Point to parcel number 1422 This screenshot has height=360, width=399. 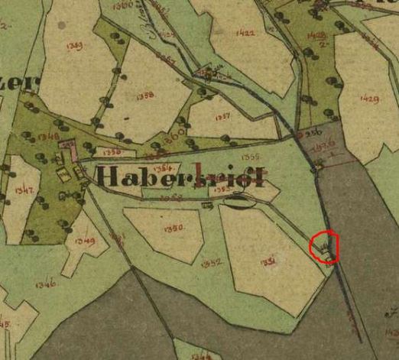pyautogui.click(x=245, y=33)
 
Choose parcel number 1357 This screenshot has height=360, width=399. pyautogui.click(x=222, y=117)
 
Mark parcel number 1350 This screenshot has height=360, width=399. pyautogui.click(x=174, y=228)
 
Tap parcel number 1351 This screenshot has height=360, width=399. pyautogui.click(x=268, y=261)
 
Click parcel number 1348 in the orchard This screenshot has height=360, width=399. pyautogui.click(x=47, y=137)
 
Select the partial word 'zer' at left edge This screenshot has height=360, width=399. pyautogui.click(x=11, y=83)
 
